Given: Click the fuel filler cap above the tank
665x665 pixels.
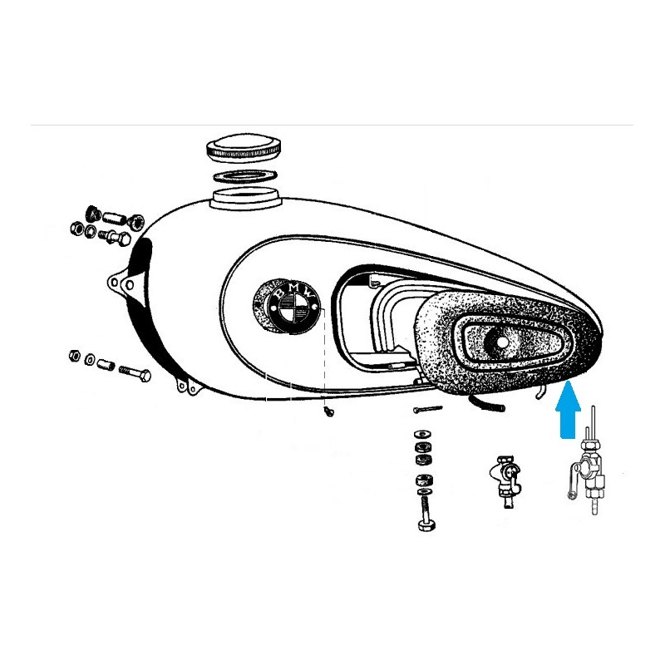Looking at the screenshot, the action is (x=244, y=150).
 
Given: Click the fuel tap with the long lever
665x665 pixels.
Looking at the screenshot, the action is (x=589, y=474).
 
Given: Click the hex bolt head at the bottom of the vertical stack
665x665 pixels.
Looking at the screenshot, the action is (x=426, y=525).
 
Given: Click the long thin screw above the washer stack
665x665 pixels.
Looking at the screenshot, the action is (x=428, y=409).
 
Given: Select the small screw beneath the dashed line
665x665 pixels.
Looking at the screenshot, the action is (x=328, y=410).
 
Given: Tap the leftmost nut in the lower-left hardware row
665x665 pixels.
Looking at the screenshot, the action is (x=75, y=355).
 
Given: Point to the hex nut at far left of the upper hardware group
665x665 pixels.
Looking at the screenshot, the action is (x=76, y=229).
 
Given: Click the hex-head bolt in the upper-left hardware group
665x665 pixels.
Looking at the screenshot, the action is (x=115, y=237).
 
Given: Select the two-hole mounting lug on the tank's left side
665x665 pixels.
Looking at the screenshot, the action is (x=123, y=281).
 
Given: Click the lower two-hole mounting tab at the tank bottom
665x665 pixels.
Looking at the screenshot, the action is (x=187, y=386).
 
